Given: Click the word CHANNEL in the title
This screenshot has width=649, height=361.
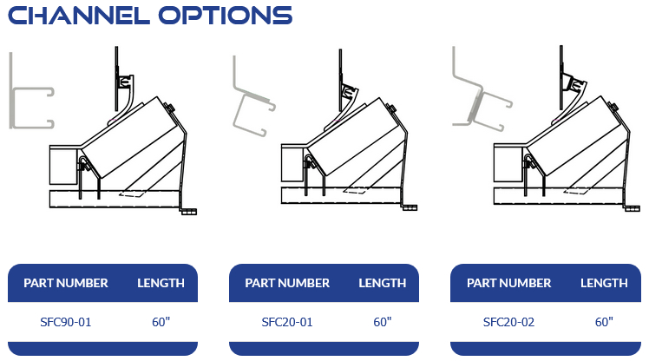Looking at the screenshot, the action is [x=79, y=16].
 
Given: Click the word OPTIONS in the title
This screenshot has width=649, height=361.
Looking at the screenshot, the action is [x=226, y=16].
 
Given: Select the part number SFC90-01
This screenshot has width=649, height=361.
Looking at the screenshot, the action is [x=65, y=322].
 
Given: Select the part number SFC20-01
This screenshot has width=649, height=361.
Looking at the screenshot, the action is [x=287, y=322].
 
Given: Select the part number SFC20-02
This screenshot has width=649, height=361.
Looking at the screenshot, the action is [x=508, y=322].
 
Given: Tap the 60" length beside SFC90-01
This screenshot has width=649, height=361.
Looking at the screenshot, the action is [x=161, y=322].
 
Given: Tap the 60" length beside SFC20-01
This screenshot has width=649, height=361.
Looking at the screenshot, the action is [x=383, y=322].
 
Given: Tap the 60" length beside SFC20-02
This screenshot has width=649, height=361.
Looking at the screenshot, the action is [x=604, y=322].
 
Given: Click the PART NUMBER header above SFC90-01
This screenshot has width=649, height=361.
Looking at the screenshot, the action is [x=65, y=283].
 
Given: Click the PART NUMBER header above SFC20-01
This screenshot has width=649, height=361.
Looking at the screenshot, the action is [x=287, y=283].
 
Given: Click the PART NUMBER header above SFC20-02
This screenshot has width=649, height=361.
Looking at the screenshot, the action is [x=509, y=283].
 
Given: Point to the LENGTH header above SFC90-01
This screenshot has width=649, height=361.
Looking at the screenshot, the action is [x=161, y=283].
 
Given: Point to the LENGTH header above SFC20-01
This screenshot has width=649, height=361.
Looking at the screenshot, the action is [x=383, y=283].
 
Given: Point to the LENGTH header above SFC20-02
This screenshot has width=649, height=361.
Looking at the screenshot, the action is [x=604, y=283].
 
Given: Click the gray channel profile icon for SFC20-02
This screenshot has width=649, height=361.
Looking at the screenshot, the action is [x=476, y=103].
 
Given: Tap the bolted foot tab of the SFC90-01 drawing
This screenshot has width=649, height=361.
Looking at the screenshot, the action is [x=188, y=212].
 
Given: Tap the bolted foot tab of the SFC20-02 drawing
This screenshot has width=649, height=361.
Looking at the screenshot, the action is [x=632, y=208].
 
